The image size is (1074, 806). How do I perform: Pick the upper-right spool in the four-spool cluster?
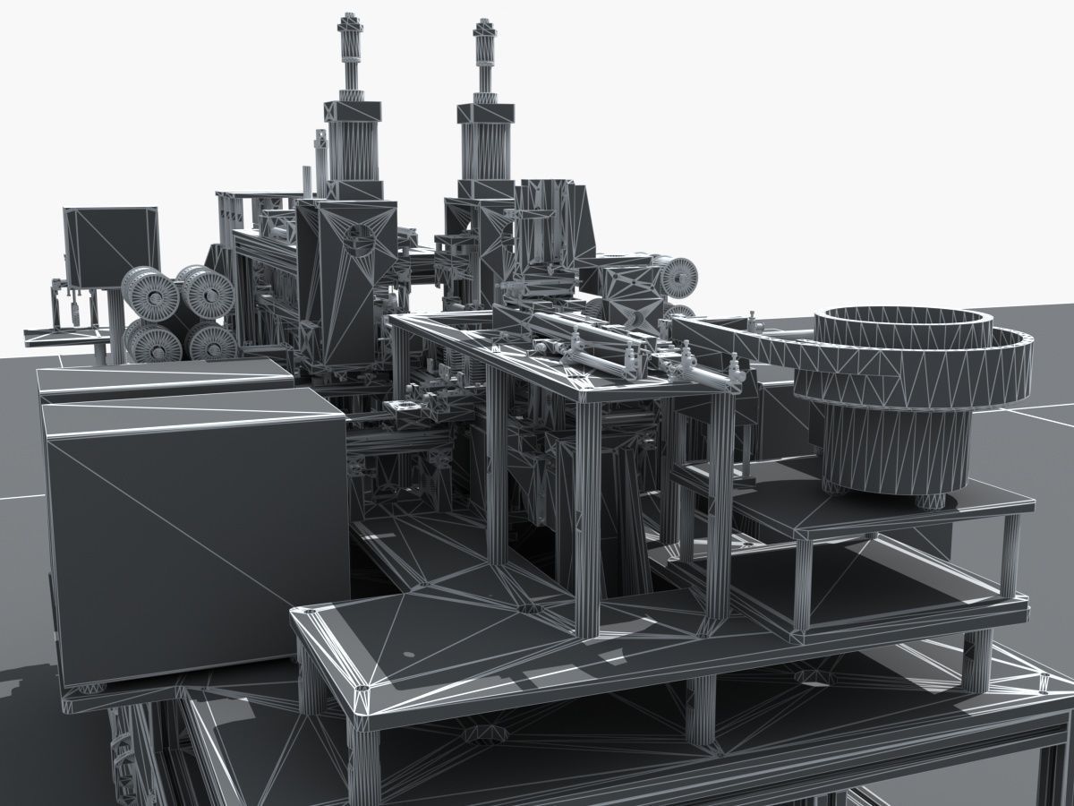click(207, 290)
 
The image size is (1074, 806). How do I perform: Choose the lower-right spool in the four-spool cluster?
click(211, 341)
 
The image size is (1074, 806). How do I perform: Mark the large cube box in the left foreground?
click(192, 528)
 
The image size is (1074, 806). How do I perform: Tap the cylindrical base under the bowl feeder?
click(895, 452)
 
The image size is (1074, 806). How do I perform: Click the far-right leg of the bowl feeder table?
click(1010, 555)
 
